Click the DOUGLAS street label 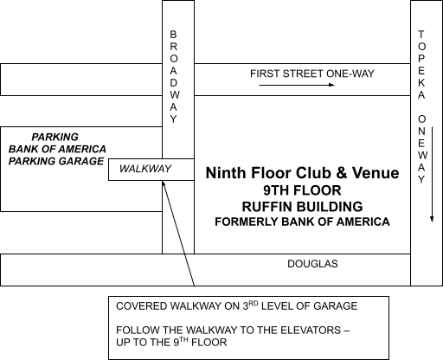point(312,264)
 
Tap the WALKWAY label point(145,169)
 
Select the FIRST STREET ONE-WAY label point(312,74)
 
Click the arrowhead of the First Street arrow point(332,85)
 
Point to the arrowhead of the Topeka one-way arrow point(432,219)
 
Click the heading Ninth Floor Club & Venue point(302,173)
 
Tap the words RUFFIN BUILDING point(302,207)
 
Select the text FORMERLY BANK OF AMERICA point(302,222)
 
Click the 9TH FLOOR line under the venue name point(302,190)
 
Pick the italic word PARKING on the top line point(55,137)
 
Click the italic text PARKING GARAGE point(56,161)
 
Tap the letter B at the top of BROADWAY point(173,35)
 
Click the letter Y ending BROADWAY point(173,119)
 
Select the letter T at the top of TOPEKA point(421,35)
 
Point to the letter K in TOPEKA point(421,83)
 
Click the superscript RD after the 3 point(253,304)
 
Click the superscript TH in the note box point(183,339)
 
